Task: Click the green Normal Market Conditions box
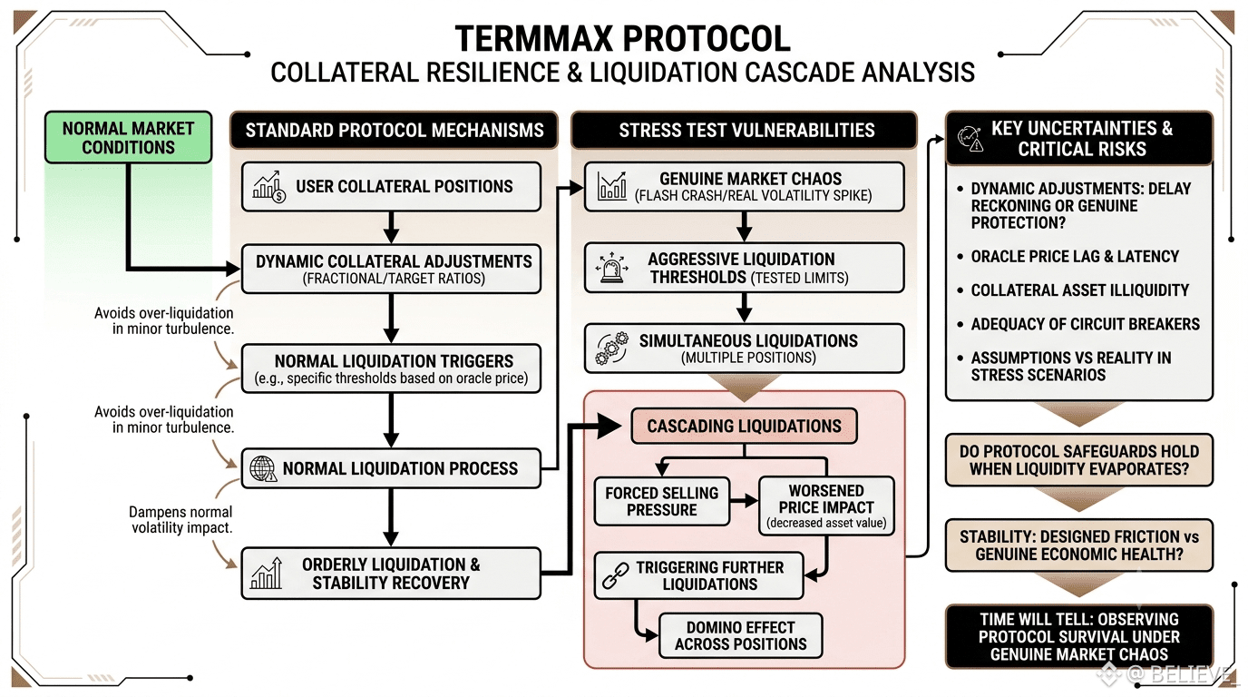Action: point(128,137)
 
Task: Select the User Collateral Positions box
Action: point(391,186)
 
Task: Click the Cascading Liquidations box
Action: point(744,426)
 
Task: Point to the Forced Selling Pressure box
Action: point(662,501)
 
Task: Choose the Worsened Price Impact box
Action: point(826,506)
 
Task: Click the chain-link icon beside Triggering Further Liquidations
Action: point(616,575)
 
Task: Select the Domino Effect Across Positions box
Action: point(740,635)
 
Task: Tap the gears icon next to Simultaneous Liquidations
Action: point(611,348)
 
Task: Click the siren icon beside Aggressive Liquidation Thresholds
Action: point(611,268)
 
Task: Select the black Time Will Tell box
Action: point(1079,636)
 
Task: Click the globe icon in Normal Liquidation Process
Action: point(263,468)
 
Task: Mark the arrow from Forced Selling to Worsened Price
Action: point(744,501)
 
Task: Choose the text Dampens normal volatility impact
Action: point(180,520)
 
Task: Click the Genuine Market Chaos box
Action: point(744,186)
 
